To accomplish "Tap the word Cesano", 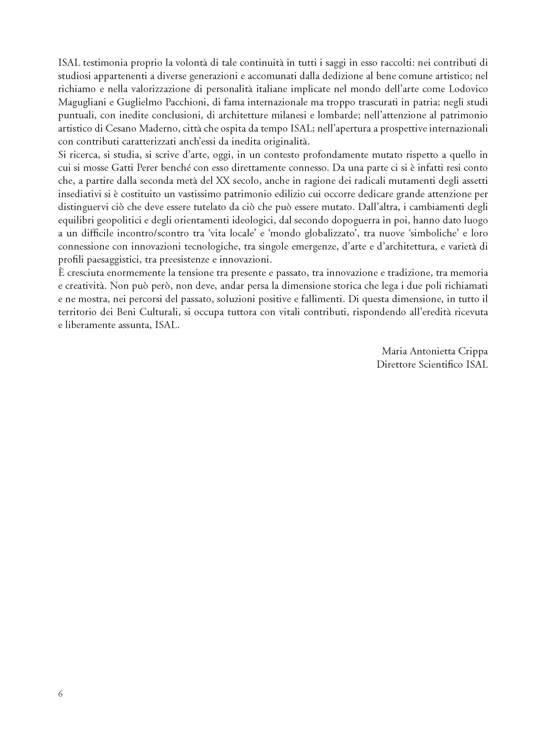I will pyautogui.click(x=122, y=129).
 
